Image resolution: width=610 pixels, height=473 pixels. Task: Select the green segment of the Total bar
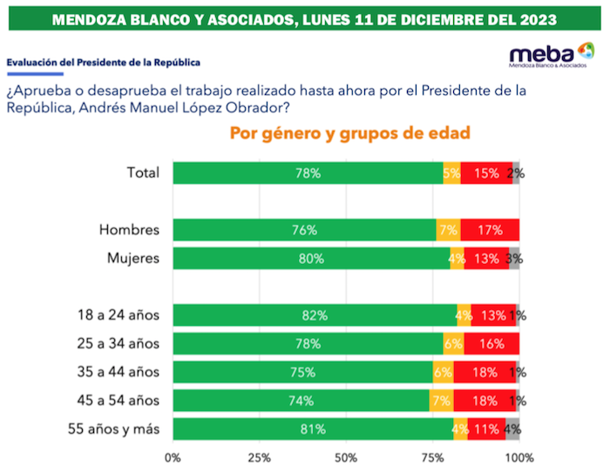point(308,172)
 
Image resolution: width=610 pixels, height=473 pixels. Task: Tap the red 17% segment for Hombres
point(490,230)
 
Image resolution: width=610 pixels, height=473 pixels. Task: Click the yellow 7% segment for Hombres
point(448,230)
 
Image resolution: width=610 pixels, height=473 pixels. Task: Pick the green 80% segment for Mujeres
point(311,259)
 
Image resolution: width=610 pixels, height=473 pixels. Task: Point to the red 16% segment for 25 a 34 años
point(491,343)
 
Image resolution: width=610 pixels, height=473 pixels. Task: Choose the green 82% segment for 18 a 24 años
point(315,314)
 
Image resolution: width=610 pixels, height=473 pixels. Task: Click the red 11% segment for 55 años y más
point(485,429)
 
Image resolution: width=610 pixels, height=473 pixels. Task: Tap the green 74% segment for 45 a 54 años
point(301,400)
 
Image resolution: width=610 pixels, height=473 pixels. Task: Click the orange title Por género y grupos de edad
point(349,133)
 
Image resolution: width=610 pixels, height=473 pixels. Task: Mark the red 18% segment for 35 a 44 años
point(486,372)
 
